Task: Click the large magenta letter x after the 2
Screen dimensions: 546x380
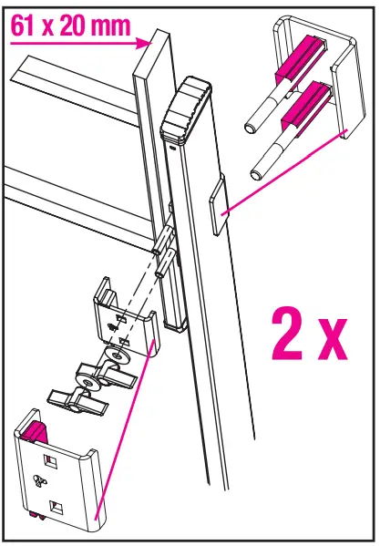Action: coord(333,341)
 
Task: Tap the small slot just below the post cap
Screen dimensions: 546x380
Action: coord(172,143)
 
